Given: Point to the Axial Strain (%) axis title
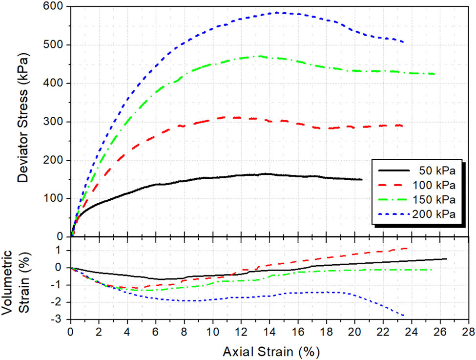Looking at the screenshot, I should pos(271,351).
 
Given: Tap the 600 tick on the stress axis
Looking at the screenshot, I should pos(57,7).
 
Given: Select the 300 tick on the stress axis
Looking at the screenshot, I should pos(57,122).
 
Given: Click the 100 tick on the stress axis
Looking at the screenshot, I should pos(57,199).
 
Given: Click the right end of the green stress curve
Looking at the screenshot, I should pos(435,74).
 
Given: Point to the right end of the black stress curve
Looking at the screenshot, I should pos(362,179).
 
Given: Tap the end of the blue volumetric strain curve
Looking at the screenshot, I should pos(403,315).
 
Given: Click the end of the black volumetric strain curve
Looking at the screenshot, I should pos(446,259).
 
